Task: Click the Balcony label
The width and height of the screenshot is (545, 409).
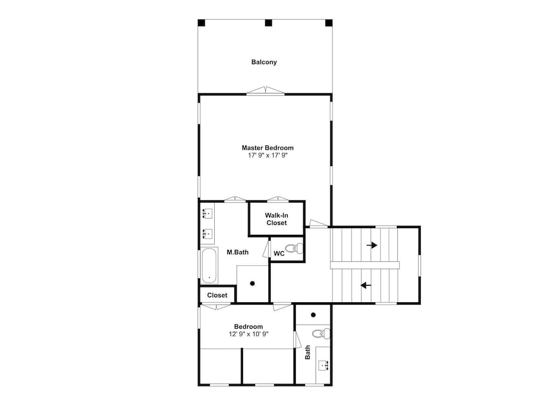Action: (x=264, y=62)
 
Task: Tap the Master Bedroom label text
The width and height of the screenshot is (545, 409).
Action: (x=268, y=148)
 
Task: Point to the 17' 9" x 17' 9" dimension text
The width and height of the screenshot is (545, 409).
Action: (x=268, y=156)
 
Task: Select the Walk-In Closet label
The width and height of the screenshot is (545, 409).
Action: (x=277, y=219)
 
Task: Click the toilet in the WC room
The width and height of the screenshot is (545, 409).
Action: (x=294, y=248)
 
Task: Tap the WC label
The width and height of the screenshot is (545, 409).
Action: (x=279, y=253)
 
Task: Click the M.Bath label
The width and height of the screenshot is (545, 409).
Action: (x=238, y=252)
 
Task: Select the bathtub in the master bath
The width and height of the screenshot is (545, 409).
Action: (x=209, y=266)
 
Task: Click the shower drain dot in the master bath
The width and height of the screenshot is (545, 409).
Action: (x=252, y=283)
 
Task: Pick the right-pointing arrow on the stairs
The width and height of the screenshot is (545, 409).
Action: (x=372, y=245)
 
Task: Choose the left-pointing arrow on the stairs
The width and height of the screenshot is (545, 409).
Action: (x=366, y=285)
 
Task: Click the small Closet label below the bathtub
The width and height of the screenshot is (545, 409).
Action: (x=217, y=295)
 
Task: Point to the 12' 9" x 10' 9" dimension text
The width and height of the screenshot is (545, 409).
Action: (x=249, y=334)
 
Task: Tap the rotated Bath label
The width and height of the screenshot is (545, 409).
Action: (x=307, y=352)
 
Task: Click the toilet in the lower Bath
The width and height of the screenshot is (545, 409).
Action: (x=321, y=334)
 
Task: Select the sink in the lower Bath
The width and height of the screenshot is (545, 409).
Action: (x=324, y=365)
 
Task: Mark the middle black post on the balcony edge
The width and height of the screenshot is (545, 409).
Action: (x=268, y=23)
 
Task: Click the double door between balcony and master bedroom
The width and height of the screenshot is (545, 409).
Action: (x=265, y=90)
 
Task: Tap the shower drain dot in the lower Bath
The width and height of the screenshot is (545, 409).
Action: (x=313, y=315)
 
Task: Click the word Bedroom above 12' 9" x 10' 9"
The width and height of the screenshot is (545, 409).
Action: (x=249, y=326)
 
